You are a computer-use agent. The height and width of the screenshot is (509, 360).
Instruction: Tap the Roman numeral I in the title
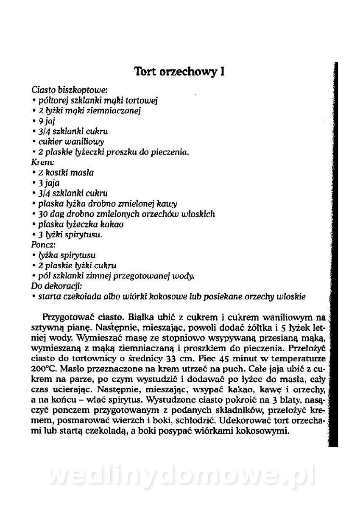pos(222,71)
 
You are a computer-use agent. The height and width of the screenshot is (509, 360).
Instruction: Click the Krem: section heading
pos(41,162)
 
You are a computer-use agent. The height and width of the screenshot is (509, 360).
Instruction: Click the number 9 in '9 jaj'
pos(40,121)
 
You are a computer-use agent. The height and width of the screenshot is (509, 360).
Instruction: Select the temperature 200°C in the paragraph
pos(44,368)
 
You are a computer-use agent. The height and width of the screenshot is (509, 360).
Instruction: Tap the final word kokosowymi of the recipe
pos(265,431)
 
